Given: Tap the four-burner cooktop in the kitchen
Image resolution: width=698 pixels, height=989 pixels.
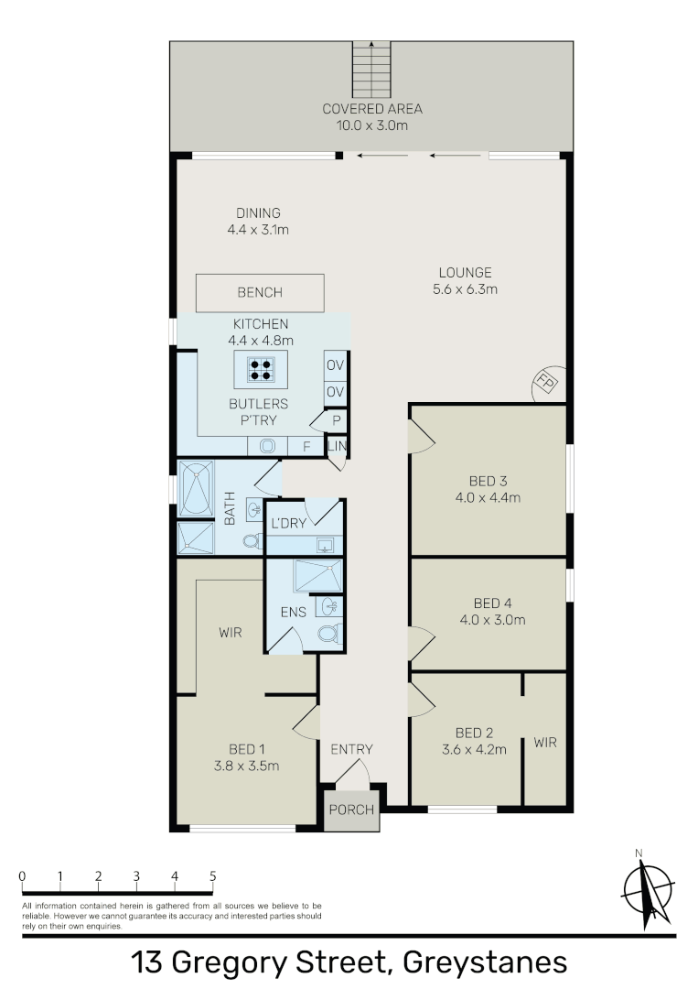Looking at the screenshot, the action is pyautogui.click(x=260, y=370).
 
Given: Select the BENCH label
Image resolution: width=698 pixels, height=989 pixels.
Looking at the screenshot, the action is pyautogui.click(x=260, y=293).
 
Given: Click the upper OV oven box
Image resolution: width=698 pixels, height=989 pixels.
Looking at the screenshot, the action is pyautogui.click(x=335, y=365).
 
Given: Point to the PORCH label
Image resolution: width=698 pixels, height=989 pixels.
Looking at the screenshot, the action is pyautogui.click(x=351, y=810).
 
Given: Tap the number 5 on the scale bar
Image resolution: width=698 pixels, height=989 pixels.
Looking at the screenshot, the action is pyautogui.click(x=213, y=876).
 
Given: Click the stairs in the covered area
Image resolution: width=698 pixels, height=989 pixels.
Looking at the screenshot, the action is pyautogui.click(x=371, y=68).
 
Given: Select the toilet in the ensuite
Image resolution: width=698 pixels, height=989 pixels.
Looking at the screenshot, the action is pyautogui.click(x=329, y=633).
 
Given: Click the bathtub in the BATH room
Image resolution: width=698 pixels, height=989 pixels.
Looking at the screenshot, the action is pyautogui.click(x=197, y=489).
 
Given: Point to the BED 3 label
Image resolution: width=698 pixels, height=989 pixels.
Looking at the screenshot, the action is pyautogui.click(x=489, y=482).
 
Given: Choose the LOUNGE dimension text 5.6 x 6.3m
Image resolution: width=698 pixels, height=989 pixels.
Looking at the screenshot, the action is pyautogui.click(x=465, y=289).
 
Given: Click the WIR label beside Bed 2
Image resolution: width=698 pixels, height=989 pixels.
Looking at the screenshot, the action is pyautogui.click(x=545, y=743).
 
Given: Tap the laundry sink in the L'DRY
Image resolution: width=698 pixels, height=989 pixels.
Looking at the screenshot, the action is pyautogui.click(x=325, y=545).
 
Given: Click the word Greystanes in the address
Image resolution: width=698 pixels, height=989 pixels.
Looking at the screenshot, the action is pyautogui.click(x=485, y=962).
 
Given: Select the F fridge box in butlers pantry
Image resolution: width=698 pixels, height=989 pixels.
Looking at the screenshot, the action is pyautogui.click(x=306, y=446).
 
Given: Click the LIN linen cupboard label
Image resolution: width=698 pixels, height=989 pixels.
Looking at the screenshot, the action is pyautogui.click(x=337, y=446).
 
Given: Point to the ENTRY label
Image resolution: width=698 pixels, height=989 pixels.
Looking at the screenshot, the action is pyautogui.click(x=351, y=749).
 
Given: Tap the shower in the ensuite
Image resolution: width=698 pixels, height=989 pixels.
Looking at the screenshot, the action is pyautogui.click(x=318, y=575).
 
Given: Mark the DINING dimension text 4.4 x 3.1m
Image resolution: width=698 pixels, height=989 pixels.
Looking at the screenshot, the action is pyautogui.click(x=258, y=230).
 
